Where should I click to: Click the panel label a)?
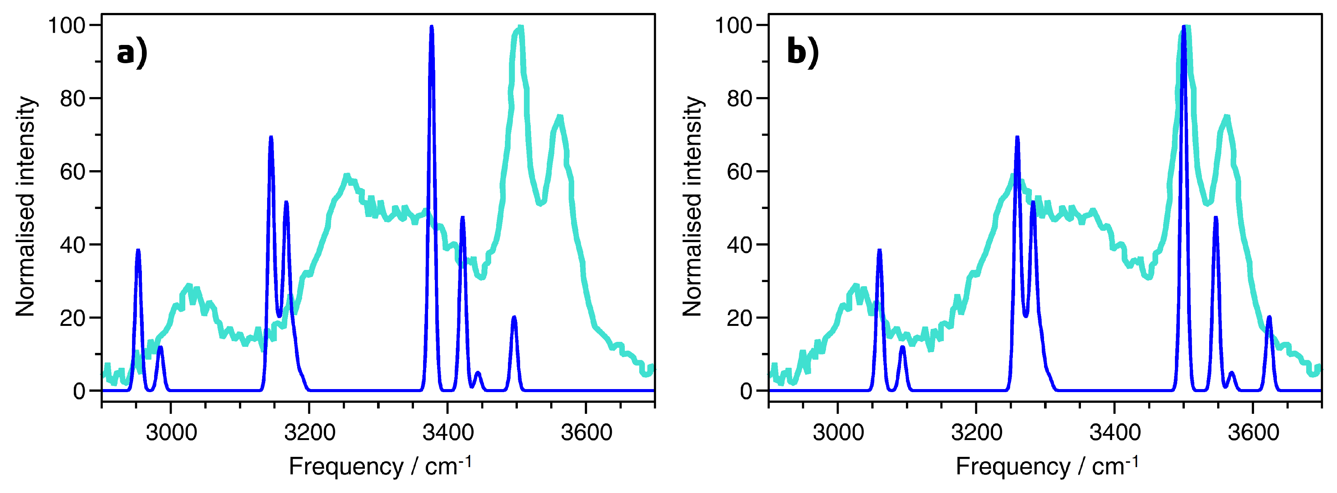pyautogui.click(x=132, y=53)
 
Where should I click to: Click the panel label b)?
pyautogui.click(x=802, y=53)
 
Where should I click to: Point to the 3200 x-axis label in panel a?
pyautogui.click(x=309, y=432)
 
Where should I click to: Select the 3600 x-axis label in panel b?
pyautogui.click(x=1253, y=432)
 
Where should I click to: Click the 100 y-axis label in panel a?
pyautogui.click(x=67, y=26)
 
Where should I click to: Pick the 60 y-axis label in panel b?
pyautogui.click(x=740, y=172)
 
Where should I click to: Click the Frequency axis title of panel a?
pyautogui.click(x=379, y=466)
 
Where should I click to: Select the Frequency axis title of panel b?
pyautogui.click(x=1046, y=466)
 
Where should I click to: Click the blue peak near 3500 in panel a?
pyautogui.click(x=514, y=318)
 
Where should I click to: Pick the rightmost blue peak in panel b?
pyautogui.click(x=1269, y=318)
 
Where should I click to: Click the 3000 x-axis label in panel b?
pyautogui.click(x=838, y=432)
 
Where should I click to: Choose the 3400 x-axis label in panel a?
pyautogui.click(x=447, y=432)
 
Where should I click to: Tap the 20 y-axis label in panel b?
pyautogui.click(x=740, y=318)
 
